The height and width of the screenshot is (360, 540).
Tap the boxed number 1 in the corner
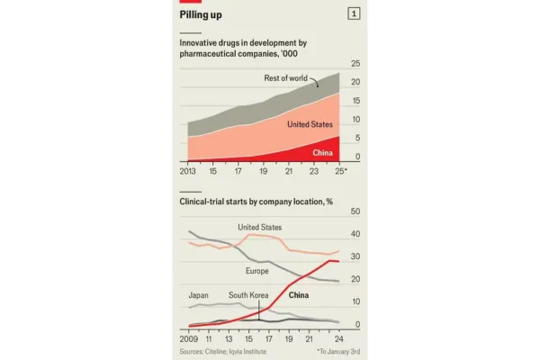pos(355,13)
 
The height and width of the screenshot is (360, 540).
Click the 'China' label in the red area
pos(322,152)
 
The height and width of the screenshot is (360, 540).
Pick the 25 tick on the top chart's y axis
pos(355,63)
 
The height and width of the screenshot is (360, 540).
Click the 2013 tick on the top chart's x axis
pos(188,170)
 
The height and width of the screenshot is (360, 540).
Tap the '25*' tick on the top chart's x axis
pos(339,170)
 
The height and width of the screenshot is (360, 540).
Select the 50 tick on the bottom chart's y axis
pos(355,211)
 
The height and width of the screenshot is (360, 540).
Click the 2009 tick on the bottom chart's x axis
pos(188,339)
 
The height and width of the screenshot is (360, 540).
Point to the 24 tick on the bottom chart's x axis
pos(335,339)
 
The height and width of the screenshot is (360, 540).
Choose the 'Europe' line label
pos(258,271)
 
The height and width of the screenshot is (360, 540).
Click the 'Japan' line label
pos(198,295)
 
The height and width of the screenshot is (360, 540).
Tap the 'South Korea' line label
pos(251,295)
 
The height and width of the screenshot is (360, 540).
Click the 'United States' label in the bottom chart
pos(259,228)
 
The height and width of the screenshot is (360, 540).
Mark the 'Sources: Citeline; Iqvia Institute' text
pos(223,352)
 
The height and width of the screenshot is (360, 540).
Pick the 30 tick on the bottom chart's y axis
pos(355,257)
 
